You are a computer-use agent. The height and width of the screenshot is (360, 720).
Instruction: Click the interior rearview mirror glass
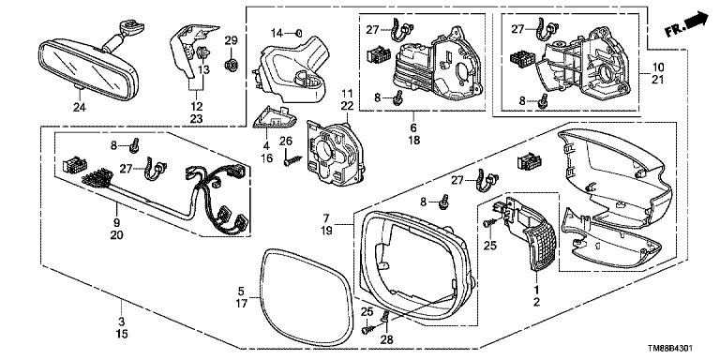coord(86,67)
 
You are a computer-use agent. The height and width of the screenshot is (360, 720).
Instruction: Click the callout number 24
coord(80,107)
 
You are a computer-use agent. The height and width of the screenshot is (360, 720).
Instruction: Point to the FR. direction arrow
coord(687,24)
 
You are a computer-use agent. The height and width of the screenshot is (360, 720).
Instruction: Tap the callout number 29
coord(231,41)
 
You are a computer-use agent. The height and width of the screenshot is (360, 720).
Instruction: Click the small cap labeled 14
coord(298,32)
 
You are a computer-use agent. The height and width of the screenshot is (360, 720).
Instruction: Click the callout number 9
coord(116,222)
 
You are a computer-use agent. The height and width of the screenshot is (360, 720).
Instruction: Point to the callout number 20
coord(116,234)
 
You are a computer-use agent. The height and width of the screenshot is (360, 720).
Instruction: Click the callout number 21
coord(658,79)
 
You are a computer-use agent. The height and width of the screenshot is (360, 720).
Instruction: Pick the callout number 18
coord(413,140)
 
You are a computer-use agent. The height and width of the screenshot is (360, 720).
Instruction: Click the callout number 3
coord(121,321)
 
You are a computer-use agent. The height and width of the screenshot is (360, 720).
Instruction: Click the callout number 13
coord(203,68)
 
